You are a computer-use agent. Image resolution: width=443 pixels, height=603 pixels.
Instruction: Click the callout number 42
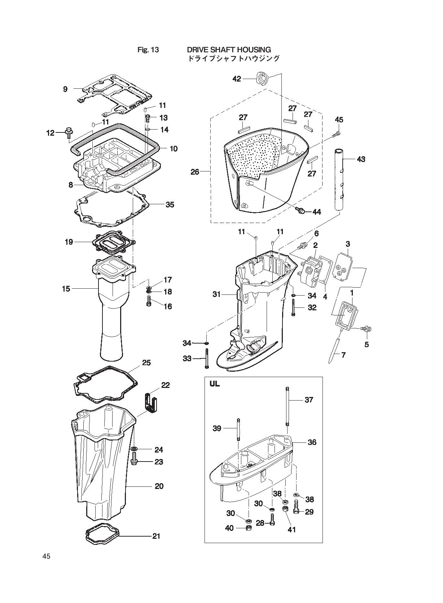point(237,79)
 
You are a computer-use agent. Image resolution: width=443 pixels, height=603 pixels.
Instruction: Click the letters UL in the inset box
point(215,384)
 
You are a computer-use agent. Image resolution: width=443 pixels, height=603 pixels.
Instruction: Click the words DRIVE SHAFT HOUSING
point(229,49)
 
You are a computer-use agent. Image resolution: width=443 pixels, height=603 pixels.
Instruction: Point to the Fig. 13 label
point(148,50)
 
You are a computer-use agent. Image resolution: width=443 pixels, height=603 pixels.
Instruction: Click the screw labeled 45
point(336,134)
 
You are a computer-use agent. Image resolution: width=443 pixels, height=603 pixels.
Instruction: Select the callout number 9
point(65,89)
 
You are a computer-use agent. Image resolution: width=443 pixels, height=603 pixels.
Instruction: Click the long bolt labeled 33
point(207,358)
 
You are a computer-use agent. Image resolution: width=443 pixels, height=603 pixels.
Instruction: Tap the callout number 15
point(66,289)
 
